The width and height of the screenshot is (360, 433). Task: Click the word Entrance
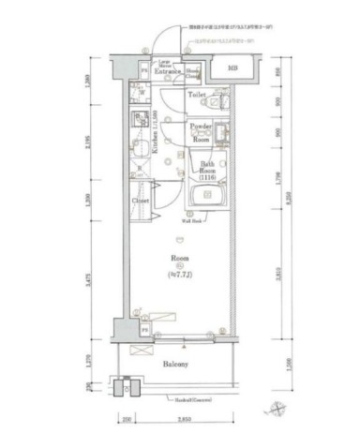tap(170, 70)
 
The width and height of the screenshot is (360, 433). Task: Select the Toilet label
tap(197, 96)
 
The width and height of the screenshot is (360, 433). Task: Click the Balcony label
tap(175, 364)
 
